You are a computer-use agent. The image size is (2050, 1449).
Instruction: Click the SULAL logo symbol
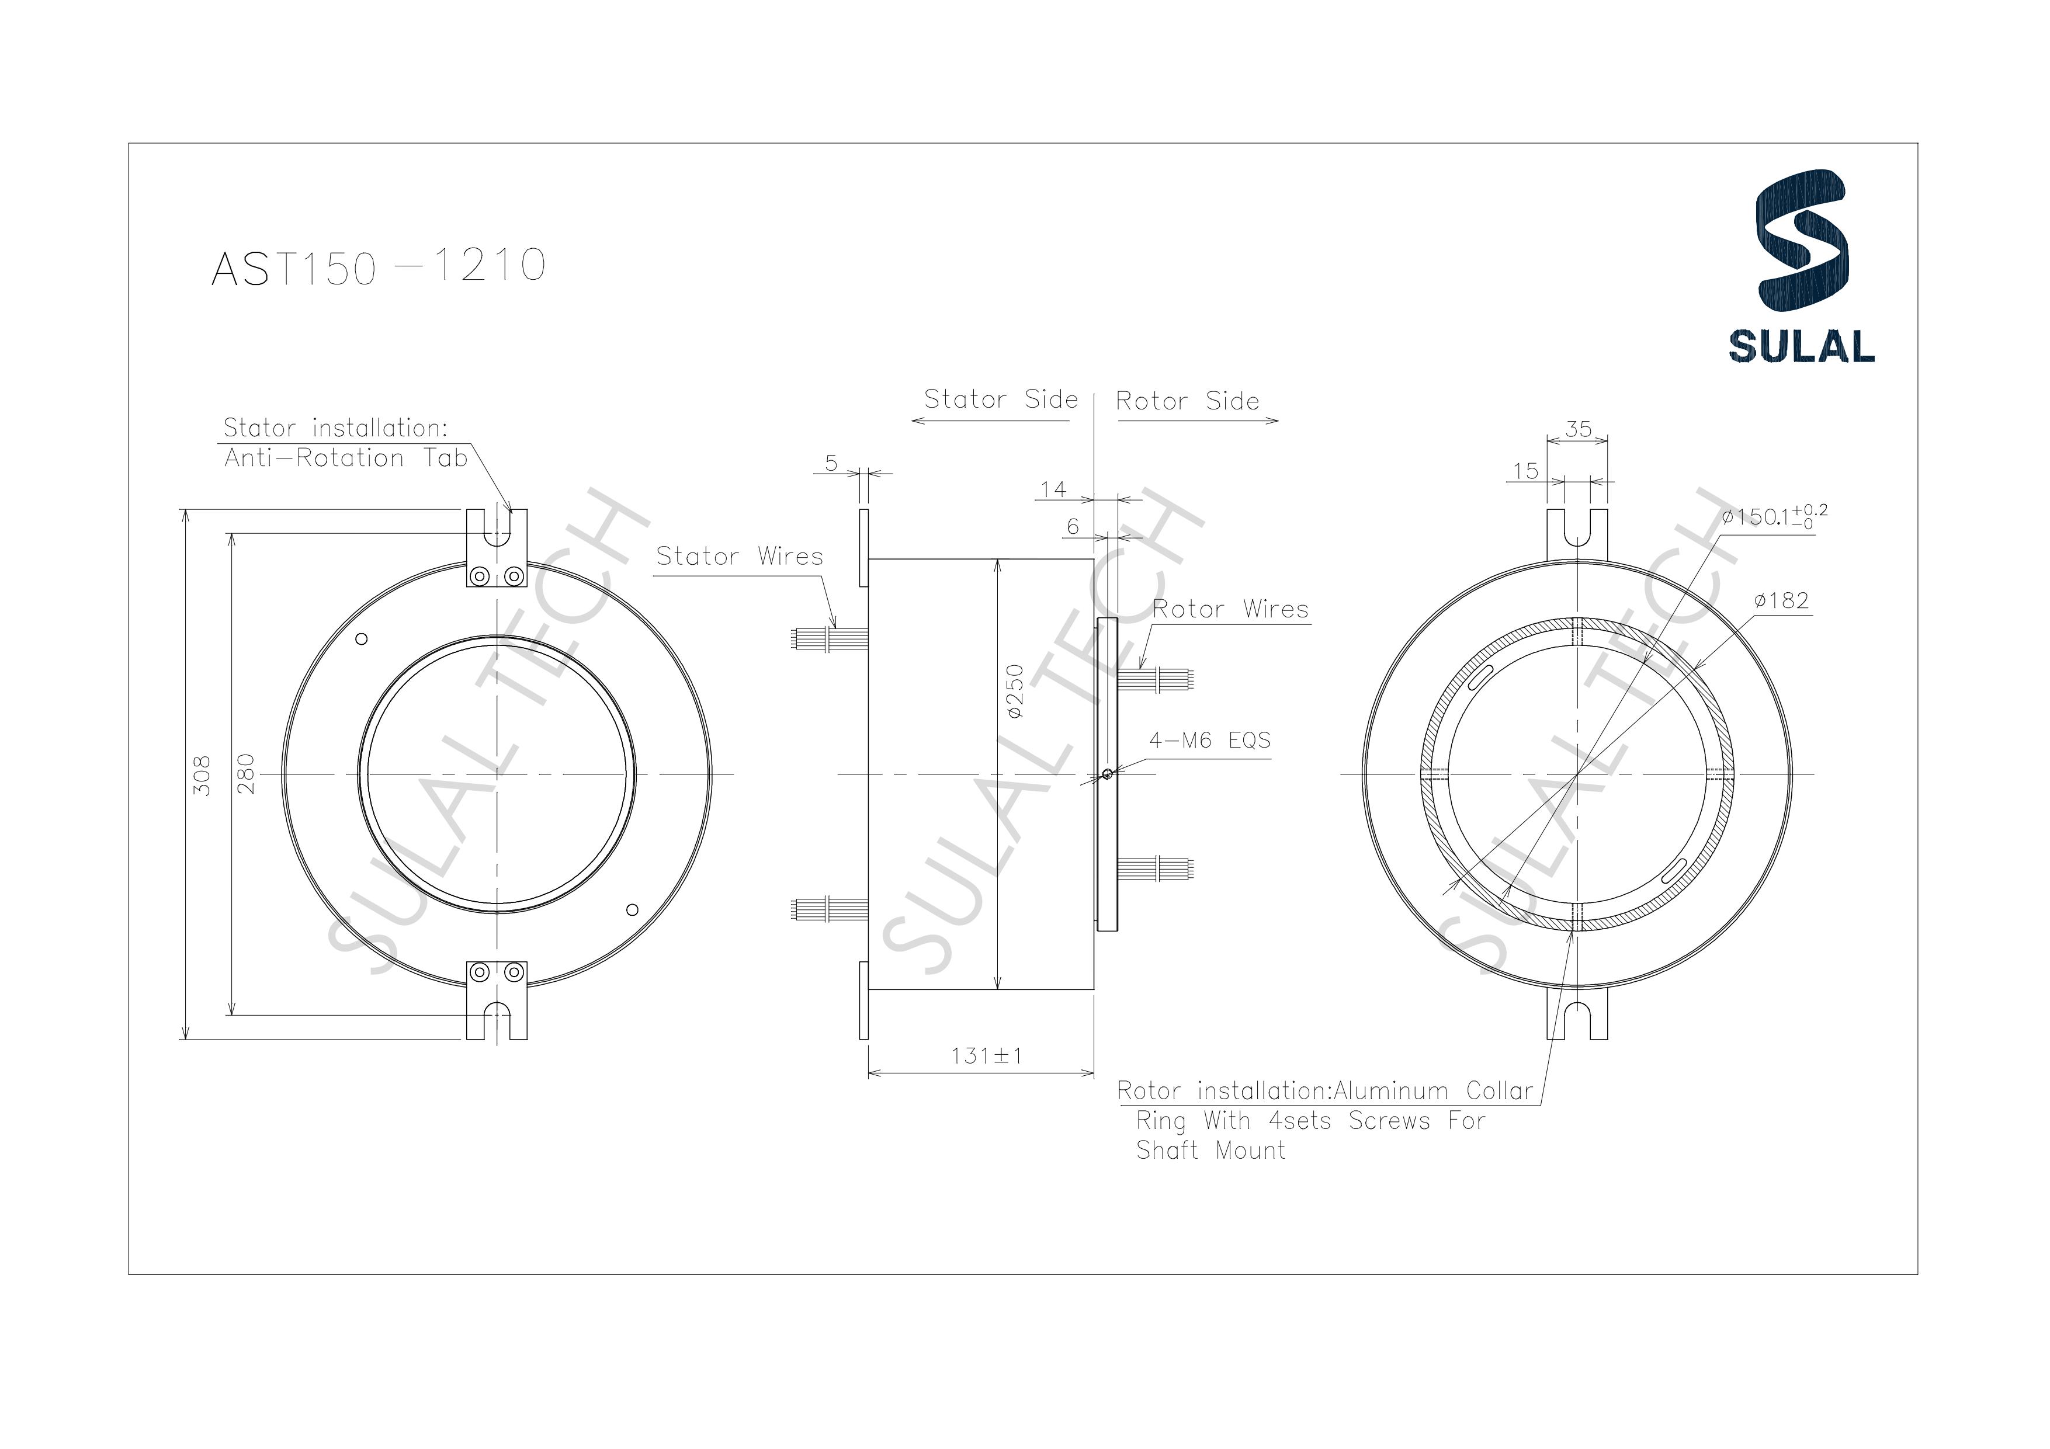pos(1801,238)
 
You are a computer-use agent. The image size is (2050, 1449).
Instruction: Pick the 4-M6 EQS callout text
pos(1210,740)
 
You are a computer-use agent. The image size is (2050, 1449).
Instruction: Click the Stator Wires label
pos(739,556)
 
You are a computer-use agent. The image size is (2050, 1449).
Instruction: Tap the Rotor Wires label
pos(1230,609)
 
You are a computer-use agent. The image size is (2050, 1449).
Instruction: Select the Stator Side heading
pos(1001,399)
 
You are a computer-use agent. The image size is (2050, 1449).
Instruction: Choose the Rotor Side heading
pos(1188,401)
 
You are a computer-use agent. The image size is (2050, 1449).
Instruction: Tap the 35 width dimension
pos(1579,429)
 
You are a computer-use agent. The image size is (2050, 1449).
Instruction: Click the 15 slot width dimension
pos(1526,471)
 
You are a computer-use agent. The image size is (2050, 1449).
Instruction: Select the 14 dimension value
pos(1053,489)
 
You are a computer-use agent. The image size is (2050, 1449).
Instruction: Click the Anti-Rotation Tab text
pos(345,458)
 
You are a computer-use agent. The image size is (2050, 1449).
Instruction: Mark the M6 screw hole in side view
pos(1107,774)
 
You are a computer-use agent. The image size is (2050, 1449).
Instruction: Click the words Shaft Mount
pos(1210,1151)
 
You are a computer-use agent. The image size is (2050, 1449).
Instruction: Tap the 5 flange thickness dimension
pos(831,463)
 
